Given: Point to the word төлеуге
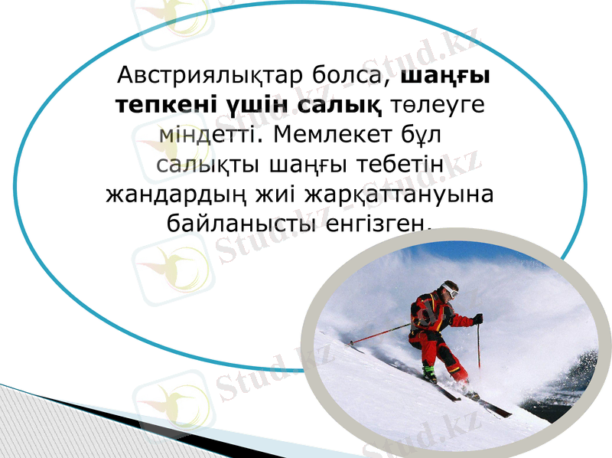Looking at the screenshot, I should tap(439, 106).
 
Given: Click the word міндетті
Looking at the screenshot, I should tap(201, 136).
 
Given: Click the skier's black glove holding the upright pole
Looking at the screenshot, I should tap(477, 319).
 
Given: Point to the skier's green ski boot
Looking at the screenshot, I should tap(431, 373).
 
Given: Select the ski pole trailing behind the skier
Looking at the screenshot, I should tap(379, 333).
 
